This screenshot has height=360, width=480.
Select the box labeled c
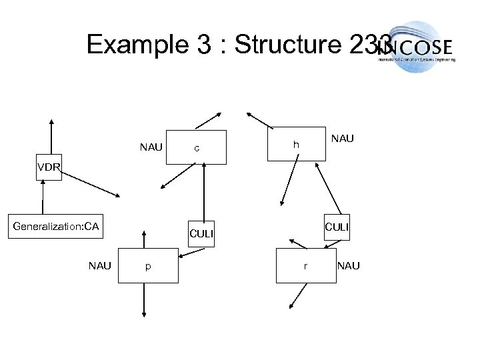196,146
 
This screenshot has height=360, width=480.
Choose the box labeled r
305,265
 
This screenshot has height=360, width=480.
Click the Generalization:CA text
56,227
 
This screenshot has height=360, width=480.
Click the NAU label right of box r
349,265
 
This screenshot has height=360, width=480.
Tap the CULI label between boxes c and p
201,233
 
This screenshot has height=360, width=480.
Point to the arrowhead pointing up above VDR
51,123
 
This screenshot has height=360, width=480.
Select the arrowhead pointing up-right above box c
221,113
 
